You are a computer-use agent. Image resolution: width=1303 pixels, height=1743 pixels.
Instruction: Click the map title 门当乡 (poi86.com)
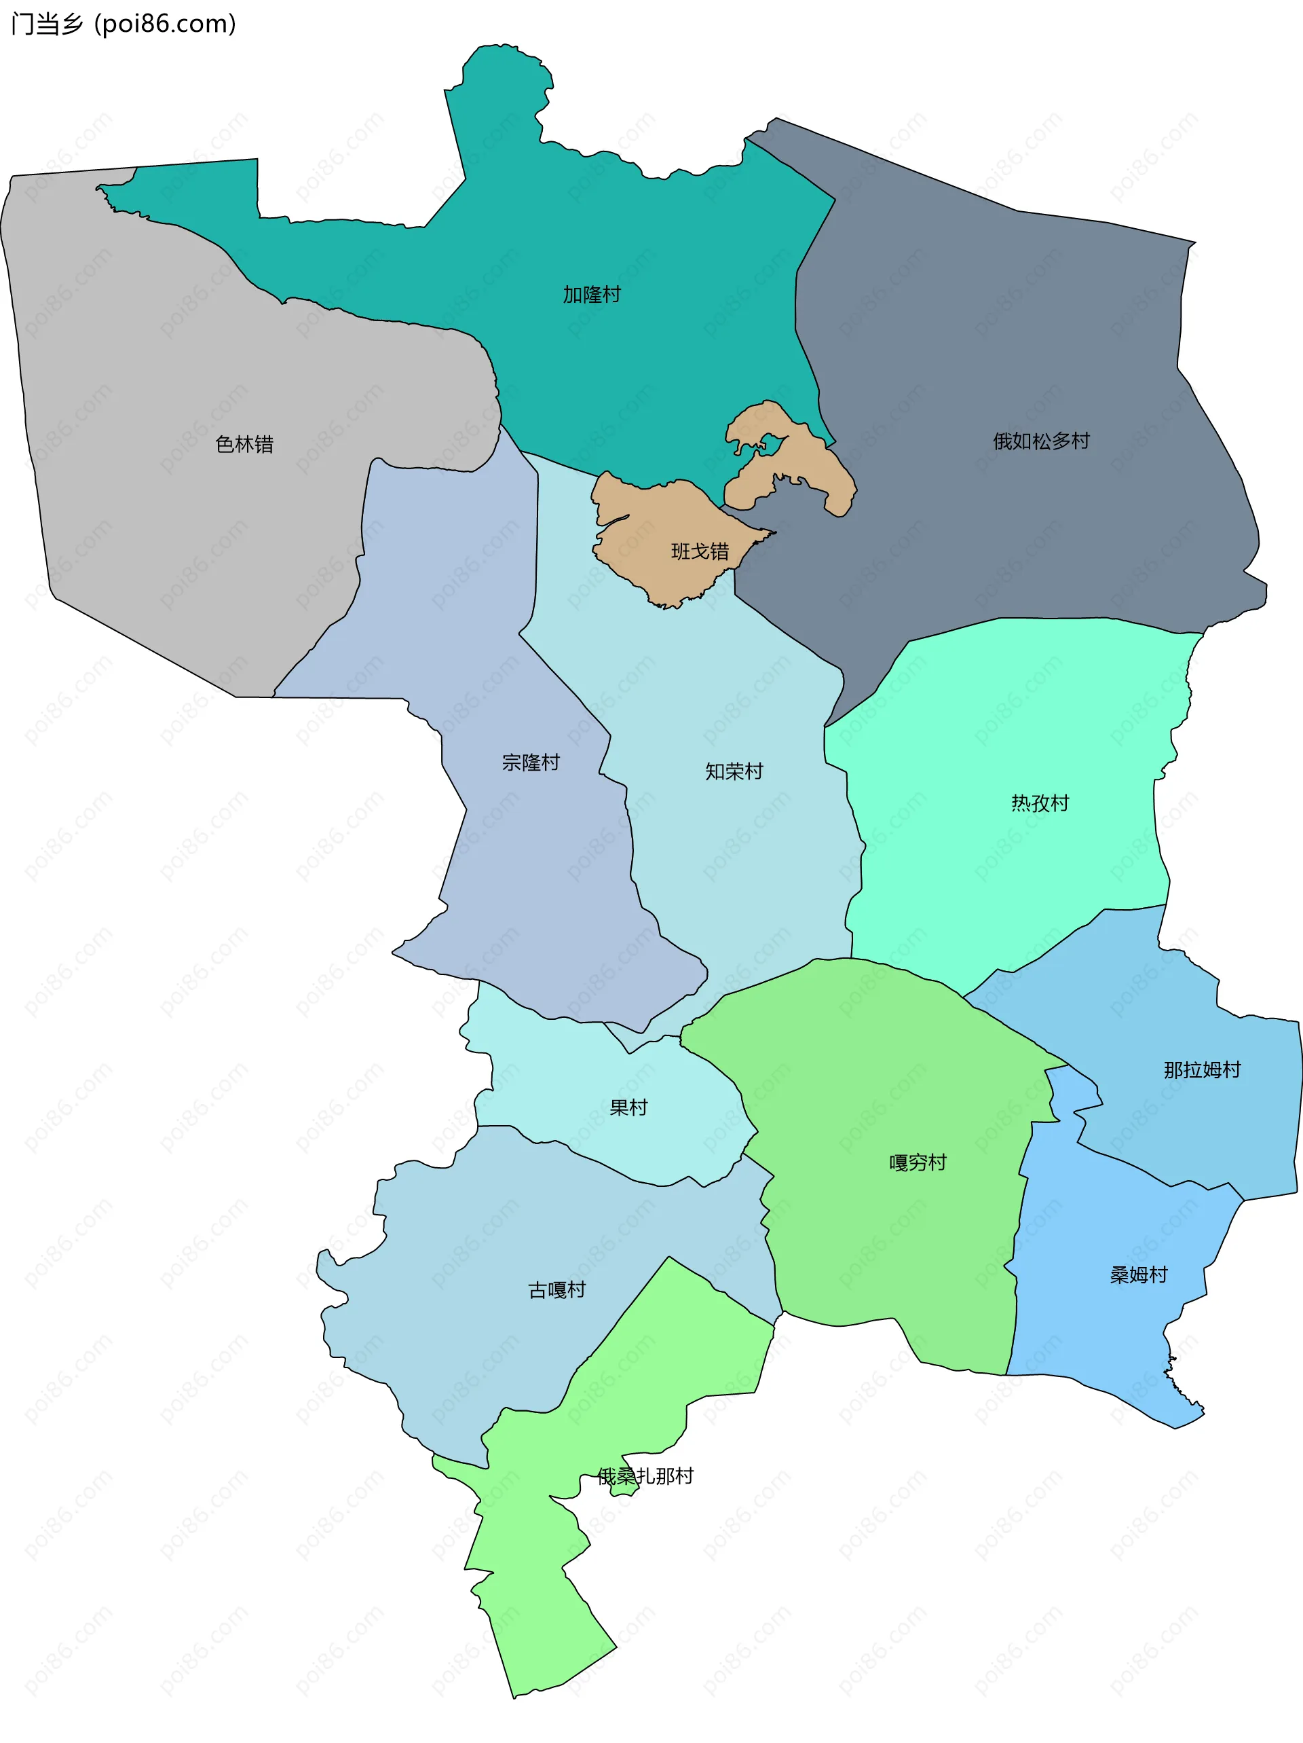pyautogui.click(x=124, y=24)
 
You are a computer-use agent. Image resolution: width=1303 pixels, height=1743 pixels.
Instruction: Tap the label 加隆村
pyautogui.click(x=592, y=295)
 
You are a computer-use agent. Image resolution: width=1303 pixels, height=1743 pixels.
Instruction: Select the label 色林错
pyautogui.click(x=244, y=445)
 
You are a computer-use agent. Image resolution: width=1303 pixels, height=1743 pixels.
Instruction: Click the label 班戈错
pyautogui.click(x=700, y=551)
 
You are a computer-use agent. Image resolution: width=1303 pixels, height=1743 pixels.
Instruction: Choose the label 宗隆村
pyautogui.click(x=530, y=762)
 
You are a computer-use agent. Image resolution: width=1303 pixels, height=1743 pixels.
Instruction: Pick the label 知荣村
pyautogui.click(x=734, y=771)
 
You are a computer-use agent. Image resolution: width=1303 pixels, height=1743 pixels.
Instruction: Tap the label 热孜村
pyautogui.click(x=1040, y=803)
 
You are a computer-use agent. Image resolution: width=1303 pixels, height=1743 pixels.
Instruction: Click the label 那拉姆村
pyautogui.click(x=1201, y=1069)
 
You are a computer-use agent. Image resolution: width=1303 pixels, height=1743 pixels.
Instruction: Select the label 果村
pyautogui.click(x=628, y=1107)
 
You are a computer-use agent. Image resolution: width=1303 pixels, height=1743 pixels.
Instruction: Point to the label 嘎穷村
pyautogui.click(x=917, y=1162)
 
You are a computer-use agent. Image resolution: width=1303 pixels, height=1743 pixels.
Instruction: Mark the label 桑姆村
pyautogui.click(x=1138, y=1274)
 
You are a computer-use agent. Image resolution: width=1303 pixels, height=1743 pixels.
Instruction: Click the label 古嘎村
pyautogui.click(x=556, y=1290)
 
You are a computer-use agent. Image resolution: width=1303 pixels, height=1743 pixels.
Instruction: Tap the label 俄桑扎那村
pyautogui.click(x=645, y=1476)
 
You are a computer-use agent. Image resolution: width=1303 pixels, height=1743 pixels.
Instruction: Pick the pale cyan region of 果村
pyautogui.click(x=552, y=1080)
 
